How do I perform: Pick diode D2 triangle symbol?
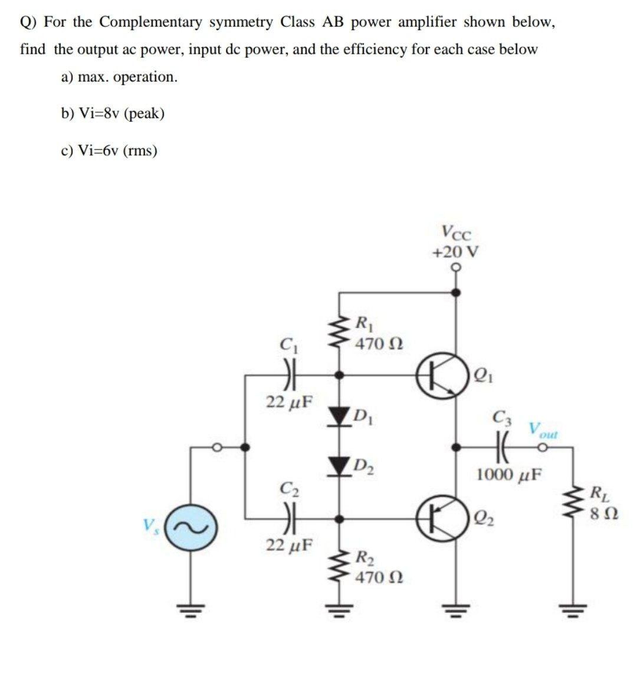[339, 467]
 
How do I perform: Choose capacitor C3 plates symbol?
[503, 448]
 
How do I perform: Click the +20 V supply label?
[455, 252]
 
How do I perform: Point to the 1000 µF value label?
[511, 474]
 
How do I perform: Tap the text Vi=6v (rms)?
[109, 150]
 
